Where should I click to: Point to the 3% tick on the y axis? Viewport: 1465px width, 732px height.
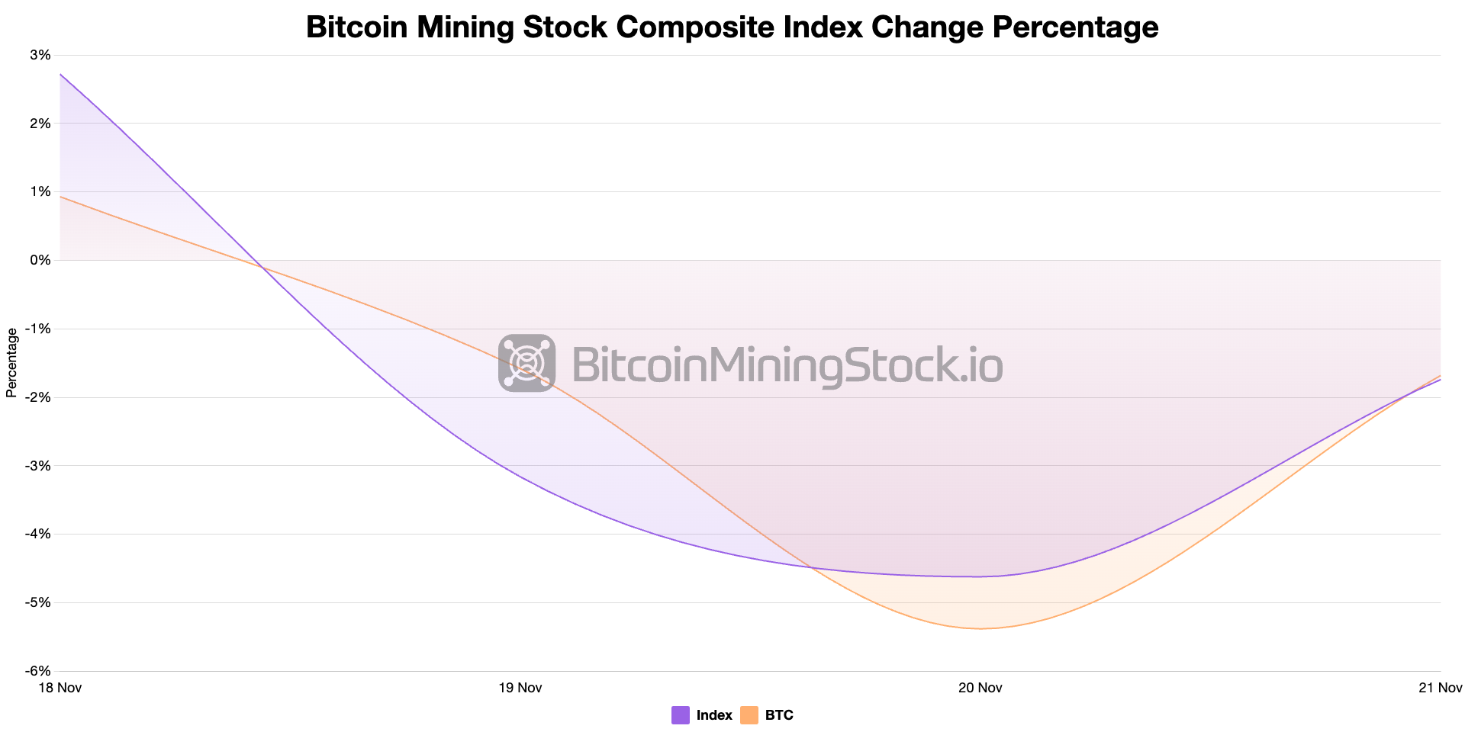40,55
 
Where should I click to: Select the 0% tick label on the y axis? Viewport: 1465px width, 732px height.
40,260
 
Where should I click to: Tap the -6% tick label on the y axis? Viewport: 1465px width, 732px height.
38,671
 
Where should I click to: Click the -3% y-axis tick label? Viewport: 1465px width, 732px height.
38,466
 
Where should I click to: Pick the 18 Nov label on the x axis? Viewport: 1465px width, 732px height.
60,688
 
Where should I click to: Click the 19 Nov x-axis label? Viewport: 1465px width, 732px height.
520,688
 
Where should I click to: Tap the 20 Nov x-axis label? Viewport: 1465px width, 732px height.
980,688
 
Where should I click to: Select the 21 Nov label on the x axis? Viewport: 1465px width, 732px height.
1440,688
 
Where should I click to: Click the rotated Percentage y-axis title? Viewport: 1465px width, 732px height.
11,362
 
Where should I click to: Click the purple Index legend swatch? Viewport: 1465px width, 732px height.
681,715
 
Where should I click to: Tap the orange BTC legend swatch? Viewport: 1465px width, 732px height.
749,715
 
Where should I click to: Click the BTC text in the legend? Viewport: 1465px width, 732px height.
779,715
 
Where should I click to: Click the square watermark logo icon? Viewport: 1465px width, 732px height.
526,363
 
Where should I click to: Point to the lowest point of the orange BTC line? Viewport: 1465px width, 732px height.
980,628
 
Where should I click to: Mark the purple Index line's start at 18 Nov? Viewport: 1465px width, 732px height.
60,75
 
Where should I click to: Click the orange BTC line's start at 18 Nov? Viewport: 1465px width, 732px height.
60,197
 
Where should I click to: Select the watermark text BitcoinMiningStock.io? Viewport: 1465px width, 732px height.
786,364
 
